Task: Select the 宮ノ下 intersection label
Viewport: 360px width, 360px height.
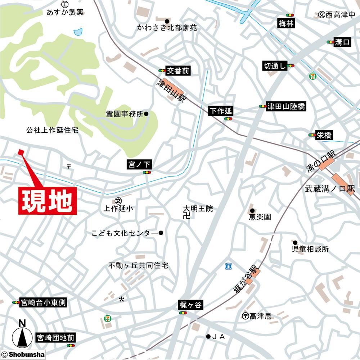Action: (x=140, y=165)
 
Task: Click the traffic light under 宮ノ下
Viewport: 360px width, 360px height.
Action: (x=146, y=173)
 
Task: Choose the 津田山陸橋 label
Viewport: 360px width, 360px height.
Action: (x=286, y=106)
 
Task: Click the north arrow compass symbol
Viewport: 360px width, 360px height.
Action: (x=22, y=337)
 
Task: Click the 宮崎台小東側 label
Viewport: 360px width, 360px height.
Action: (x=42, y=302)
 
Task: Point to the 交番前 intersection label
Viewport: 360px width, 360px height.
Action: (x=177, y=71)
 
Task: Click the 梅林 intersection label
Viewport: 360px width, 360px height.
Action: (x=286, y=24)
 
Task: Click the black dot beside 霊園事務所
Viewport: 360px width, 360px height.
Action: (x=146, y=114)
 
